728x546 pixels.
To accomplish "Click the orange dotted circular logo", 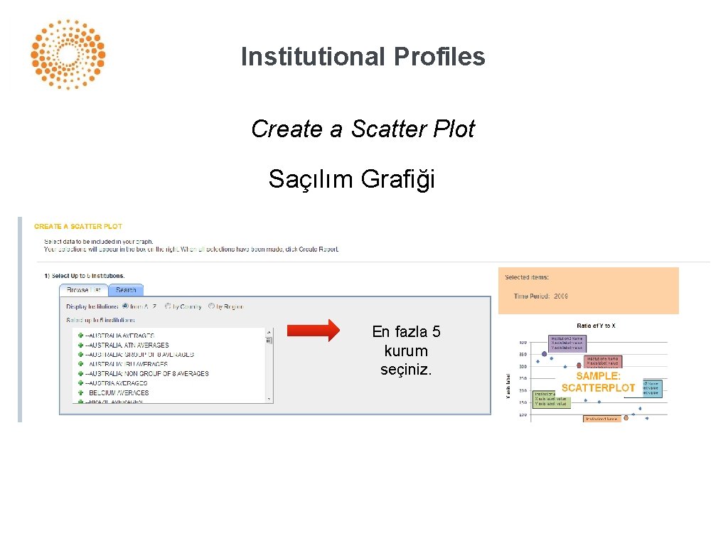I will [68, 55].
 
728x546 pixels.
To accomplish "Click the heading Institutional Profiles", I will [363, 56].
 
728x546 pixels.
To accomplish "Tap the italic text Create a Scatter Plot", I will [363, 129].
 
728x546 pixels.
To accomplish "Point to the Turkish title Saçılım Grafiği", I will [351, 179].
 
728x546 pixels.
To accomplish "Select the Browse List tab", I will [83, 290].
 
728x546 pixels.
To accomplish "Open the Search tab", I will [126, 290].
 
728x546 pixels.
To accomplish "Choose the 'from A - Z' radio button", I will [125, 306].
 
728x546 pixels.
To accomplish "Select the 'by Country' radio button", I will [168, 306].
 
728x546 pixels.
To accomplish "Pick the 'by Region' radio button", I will [212, 306].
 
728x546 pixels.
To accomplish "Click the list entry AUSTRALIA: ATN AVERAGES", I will [127, 345].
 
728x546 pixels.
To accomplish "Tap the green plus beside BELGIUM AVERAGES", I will [81, 392].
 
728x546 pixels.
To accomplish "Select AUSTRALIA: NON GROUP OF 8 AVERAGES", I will [146, 373].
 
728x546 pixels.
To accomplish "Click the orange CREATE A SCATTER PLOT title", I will [78, 227].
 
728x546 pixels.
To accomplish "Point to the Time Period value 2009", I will [560, 296].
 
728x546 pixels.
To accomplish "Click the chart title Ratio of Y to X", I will [596, 326].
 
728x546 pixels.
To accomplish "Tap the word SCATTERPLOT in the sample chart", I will [598, 387].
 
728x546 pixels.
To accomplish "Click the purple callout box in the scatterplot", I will [567, 343].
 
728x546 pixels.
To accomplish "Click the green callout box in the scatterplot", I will [551, 399].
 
